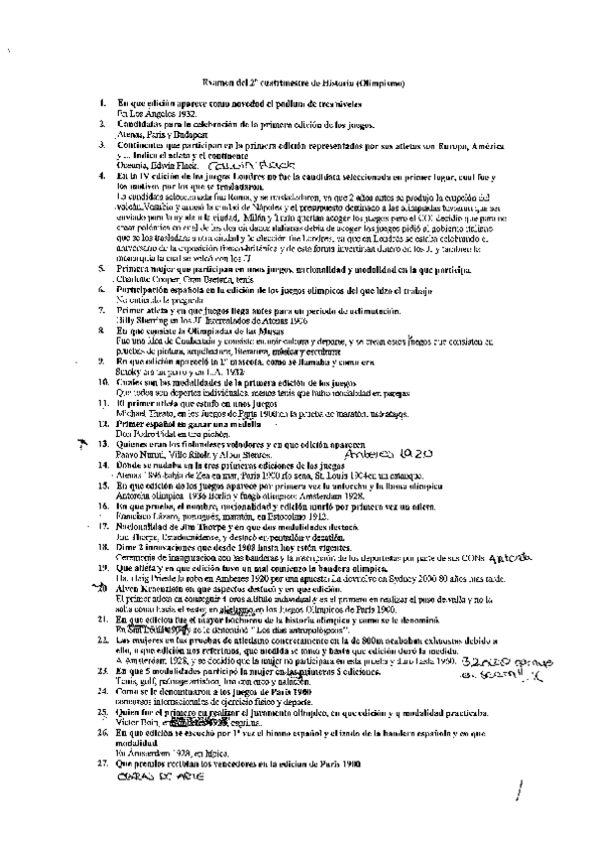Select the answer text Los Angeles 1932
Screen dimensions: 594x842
point(157,113)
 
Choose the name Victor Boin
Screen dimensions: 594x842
point(137,724)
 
